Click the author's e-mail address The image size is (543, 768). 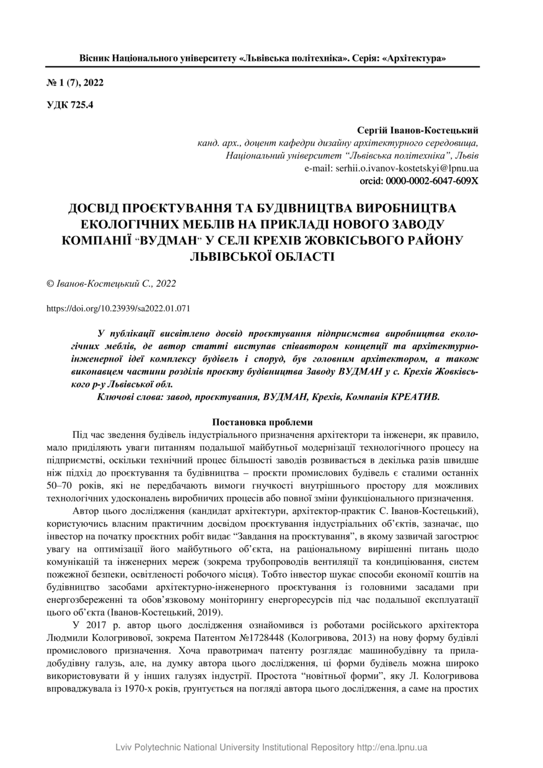(x=407, y=168)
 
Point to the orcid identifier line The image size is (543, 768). (x=419, y=180)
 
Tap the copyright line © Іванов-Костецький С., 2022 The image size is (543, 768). (x=112, y=283)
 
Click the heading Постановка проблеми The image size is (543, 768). (x=263, y=422)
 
